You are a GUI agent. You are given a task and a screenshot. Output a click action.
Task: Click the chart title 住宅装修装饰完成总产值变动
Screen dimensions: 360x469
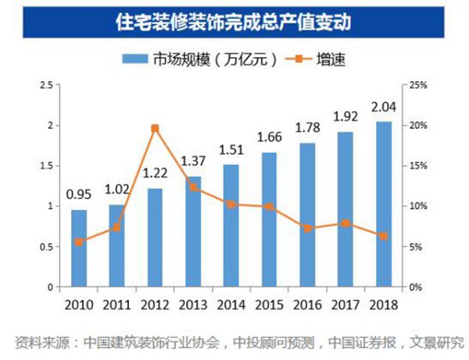(234, 21)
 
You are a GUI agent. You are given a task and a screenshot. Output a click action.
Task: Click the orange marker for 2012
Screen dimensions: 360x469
(155, 128)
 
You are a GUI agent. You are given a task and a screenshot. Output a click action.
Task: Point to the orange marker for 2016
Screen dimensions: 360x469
(307, 228)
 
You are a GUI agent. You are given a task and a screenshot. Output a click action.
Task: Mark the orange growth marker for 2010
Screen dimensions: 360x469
(79, 241)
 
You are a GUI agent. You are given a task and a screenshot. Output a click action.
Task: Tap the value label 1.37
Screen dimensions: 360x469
(193, 162)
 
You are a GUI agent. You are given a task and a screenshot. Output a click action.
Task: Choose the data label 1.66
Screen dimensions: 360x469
(269, 138)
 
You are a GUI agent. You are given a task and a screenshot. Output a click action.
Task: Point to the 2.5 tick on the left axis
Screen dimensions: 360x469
(46, 85)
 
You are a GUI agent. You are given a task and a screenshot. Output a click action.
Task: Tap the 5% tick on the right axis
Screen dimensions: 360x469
(417, 247)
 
